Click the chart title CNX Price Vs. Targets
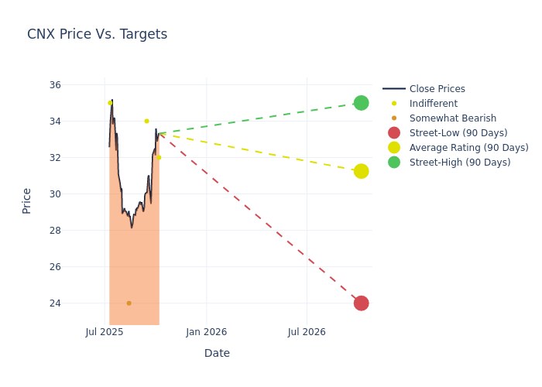click(97, 35)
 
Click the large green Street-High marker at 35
click(361, 103)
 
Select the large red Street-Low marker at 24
click(361, 303)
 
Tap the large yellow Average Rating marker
click(361, 171)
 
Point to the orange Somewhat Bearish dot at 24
click(129, 303)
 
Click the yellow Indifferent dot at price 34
click(146, 121)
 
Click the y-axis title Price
click(27, 200)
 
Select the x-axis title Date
click(217, 354)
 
